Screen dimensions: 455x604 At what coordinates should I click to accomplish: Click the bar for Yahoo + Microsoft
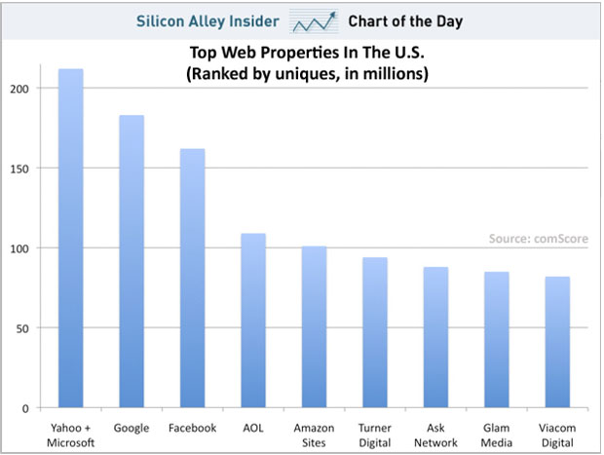[70, 239]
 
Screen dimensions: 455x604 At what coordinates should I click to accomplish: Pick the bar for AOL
[253, 321]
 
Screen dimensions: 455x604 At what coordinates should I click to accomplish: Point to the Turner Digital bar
[375, 332]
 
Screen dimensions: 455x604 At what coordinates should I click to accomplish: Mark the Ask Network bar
[435, 337]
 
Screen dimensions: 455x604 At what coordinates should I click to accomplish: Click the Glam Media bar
[496, 339]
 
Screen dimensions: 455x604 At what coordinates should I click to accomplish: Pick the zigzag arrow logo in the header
[321, 19]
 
